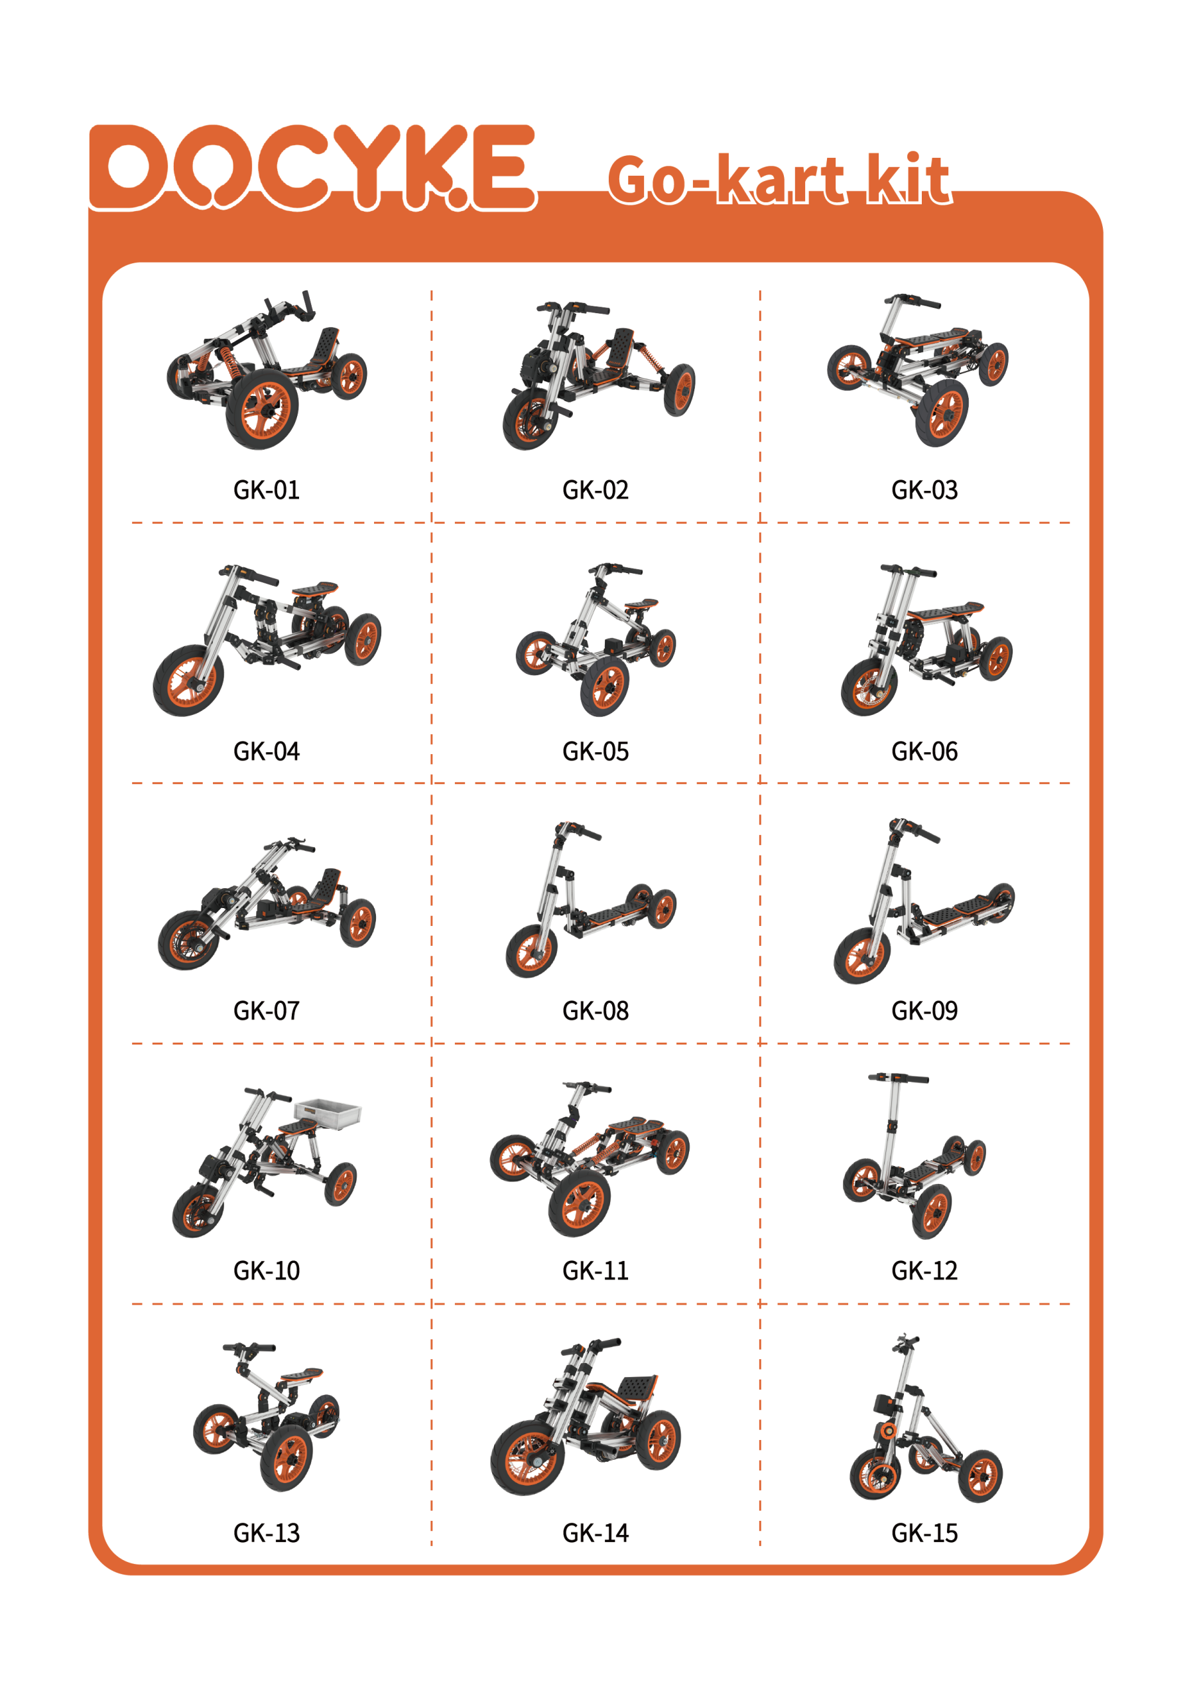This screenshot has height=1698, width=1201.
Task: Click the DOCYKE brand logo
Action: (x=312, y=168)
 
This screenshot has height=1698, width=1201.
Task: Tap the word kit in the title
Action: (x=907, y=178)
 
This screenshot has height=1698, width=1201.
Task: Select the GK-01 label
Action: (x=266, y=490)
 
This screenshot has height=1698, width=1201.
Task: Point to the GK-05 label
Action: (x=596, y=751)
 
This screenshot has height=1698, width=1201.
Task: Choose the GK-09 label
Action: (x=924, y=1010)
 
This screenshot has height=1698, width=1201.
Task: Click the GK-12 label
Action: (x=924, y=1271)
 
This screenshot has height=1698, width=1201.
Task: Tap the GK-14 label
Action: (x=596, y=1533)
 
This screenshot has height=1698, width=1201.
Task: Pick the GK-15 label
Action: (x=924, y=1533)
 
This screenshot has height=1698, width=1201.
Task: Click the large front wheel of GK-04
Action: (x=188, y=681)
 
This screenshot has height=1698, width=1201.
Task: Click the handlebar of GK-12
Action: (x=898, y=1078)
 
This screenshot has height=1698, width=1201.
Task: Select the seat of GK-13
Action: (x=301, y=1374)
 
